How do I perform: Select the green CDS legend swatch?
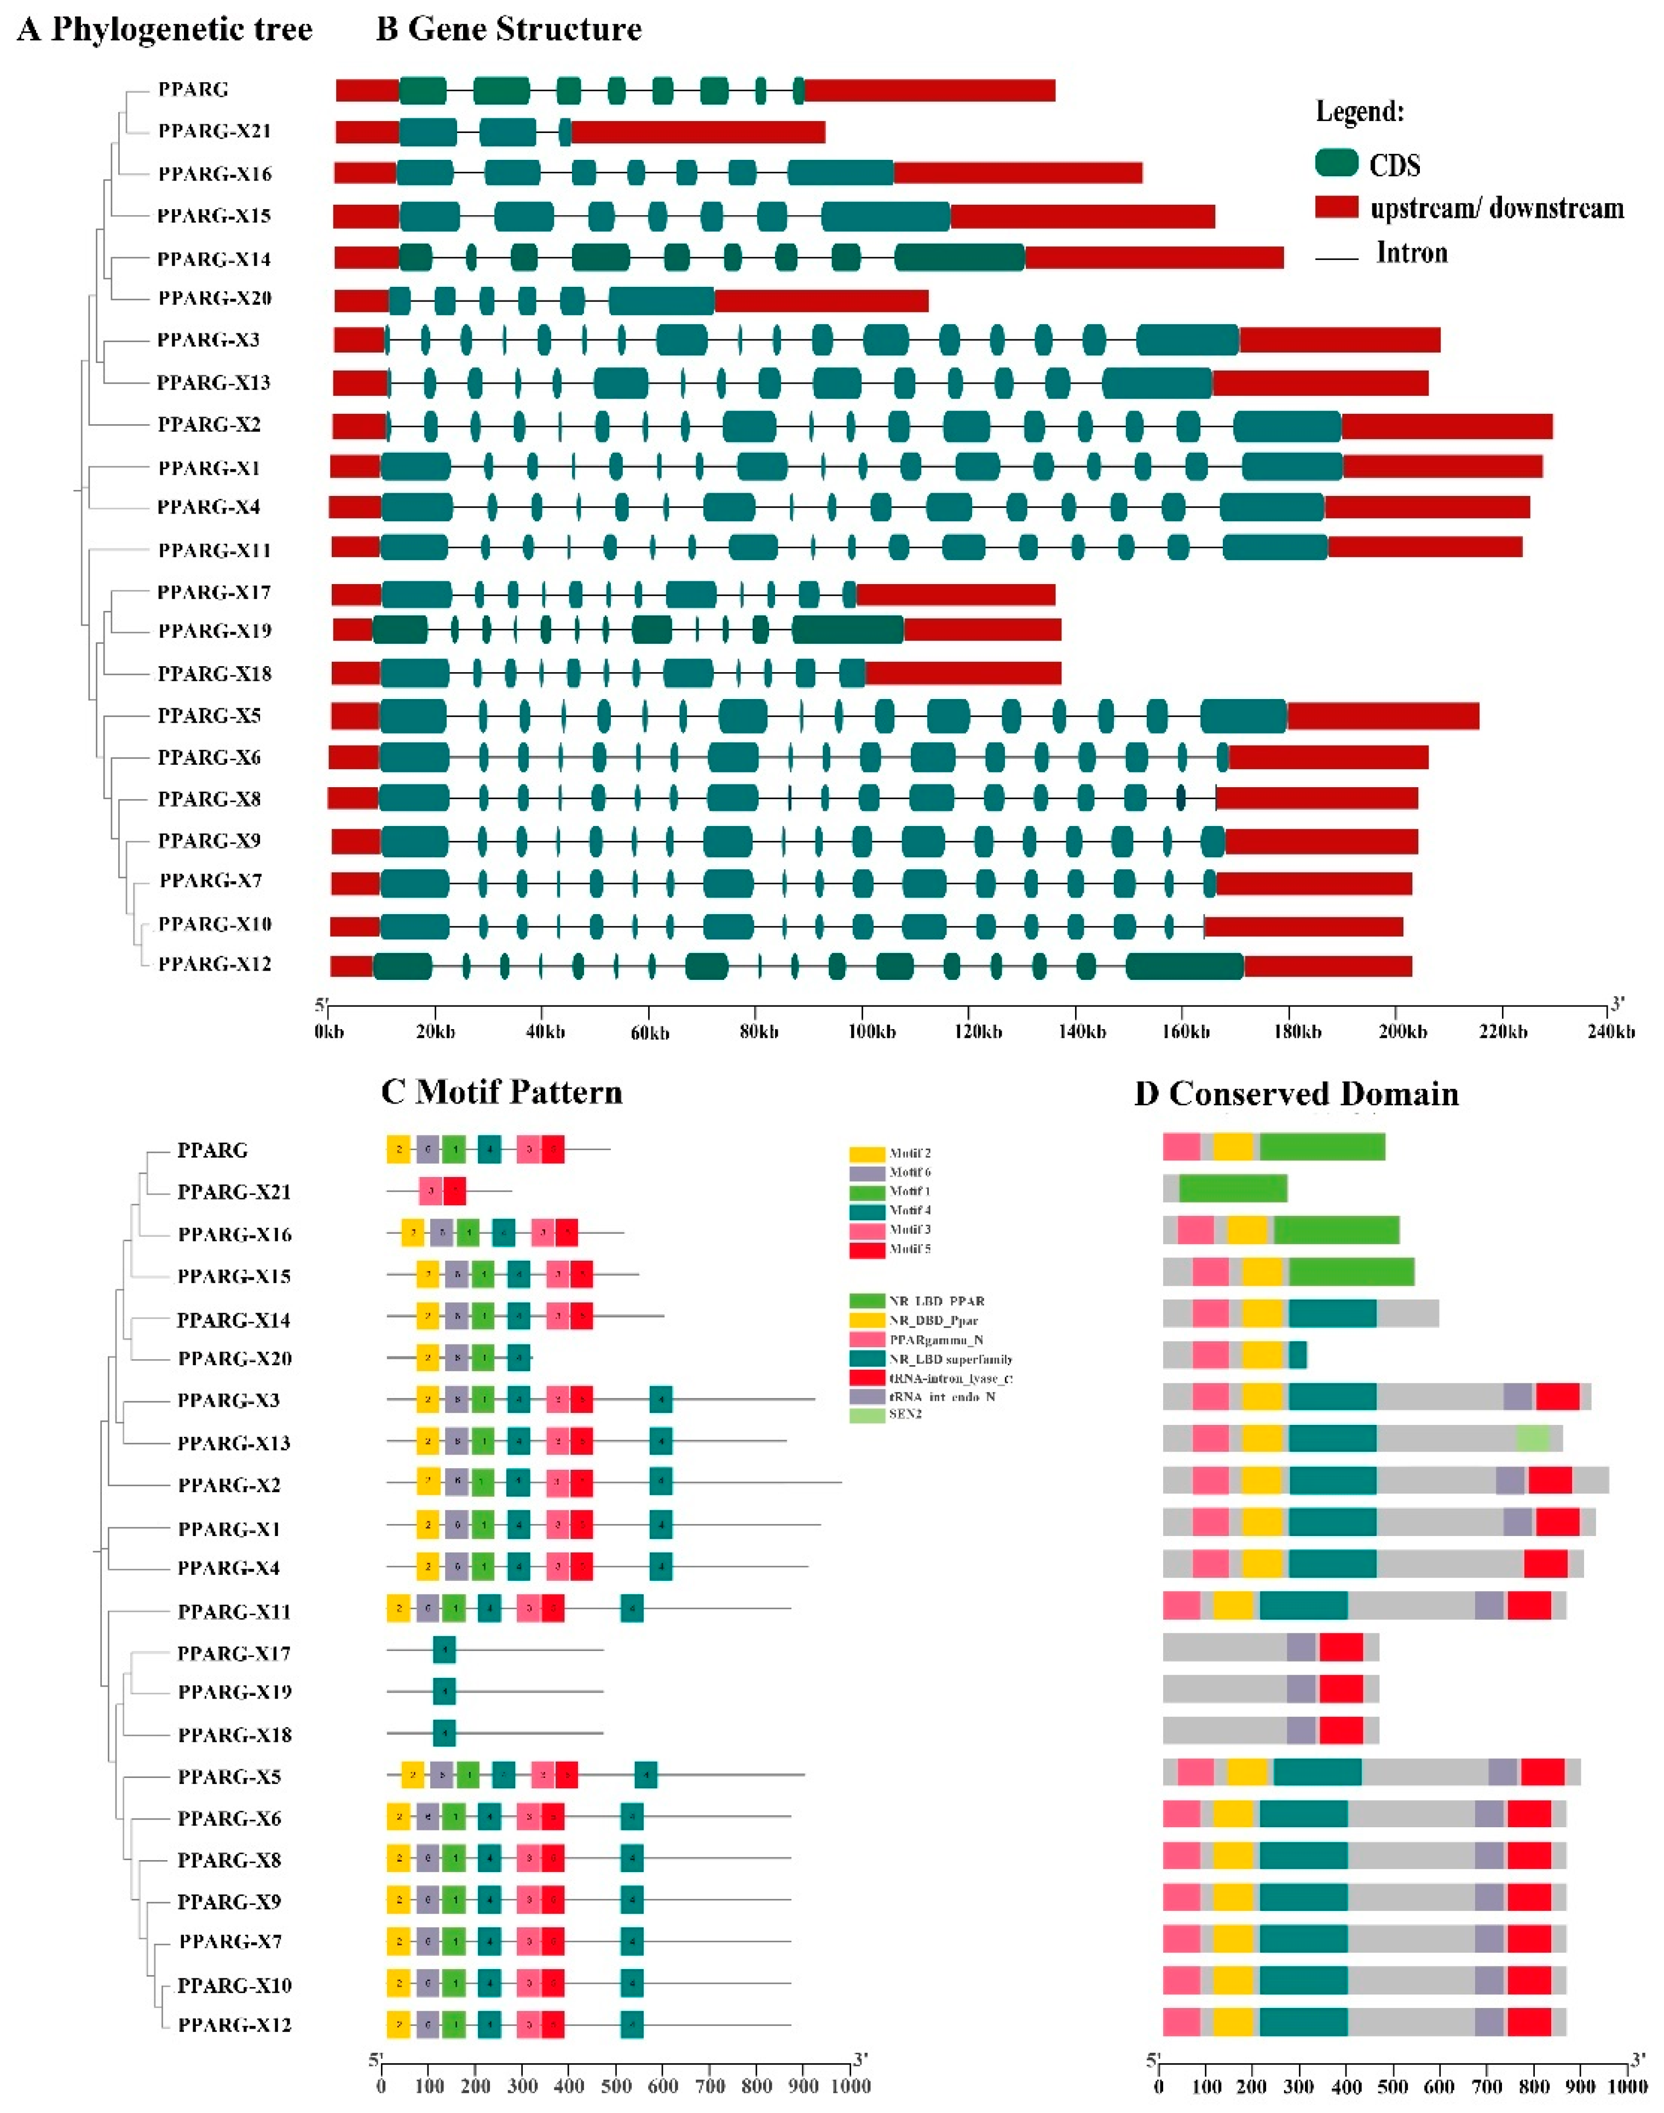tap(1337, 163)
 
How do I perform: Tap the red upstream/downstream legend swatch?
tap(1337, 206)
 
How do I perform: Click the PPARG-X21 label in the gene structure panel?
tap(215, 130)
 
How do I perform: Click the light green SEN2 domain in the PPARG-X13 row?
tap(1532, 1439)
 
